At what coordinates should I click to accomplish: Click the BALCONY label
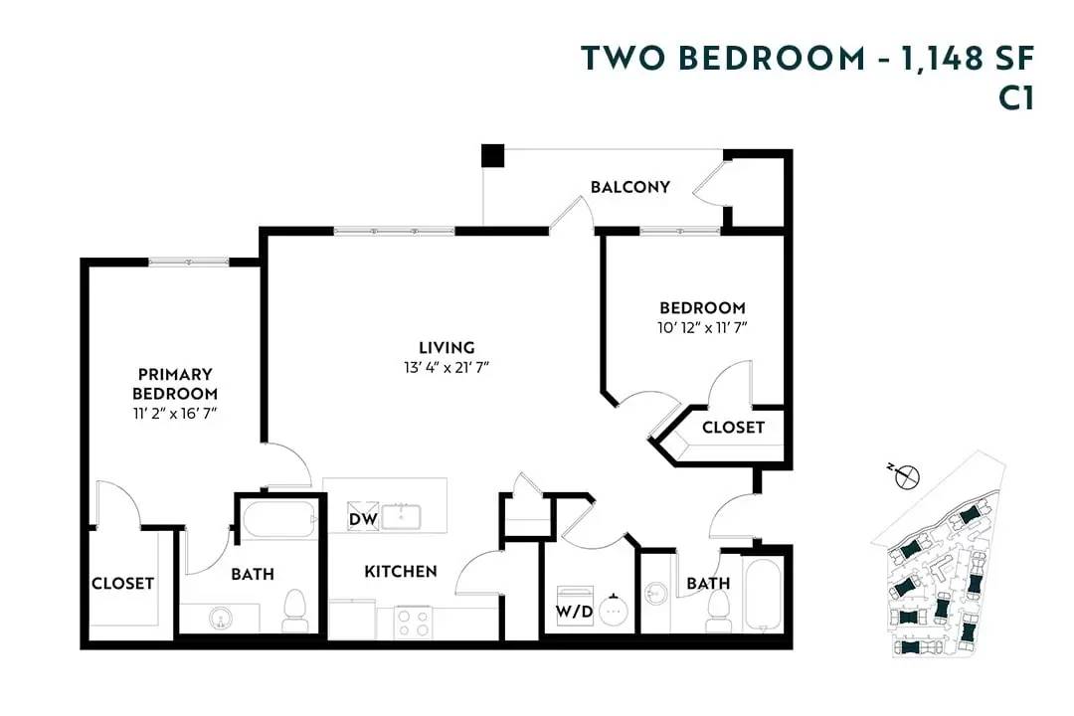pyautogui.click(x=629, y=187)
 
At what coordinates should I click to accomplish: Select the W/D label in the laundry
pyautogui.click(x=574, y=611)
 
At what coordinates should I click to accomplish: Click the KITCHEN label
pyautogui.click(x=400, y=572)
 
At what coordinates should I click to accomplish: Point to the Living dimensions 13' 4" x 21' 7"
pyautogui.click(x=446, y=367)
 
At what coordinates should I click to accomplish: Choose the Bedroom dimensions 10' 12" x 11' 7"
pyautogui.click(x=702, y=327)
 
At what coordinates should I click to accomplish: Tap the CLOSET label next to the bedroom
pyautogui.click(x=733, y=428)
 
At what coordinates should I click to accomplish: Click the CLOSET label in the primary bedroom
pyautogui.click(x=122, y=584)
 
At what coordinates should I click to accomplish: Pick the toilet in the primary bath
pyautogui.click(x=294, y=611)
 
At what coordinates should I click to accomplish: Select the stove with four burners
pyautogui.click(x=413, y=622)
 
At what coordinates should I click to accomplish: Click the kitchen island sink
pyautogui.click(x=405, y=517)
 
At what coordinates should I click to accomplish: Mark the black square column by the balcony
pyautogui.click(x=492, y=156)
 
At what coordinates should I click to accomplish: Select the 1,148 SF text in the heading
pyautogui.click(x=965, y=59)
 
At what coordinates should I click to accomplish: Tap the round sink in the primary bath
pyautogui.click(x=219, y=619)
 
